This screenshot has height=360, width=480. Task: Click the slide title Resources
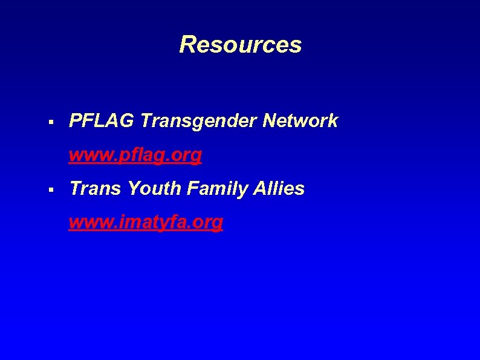tap(240, 45)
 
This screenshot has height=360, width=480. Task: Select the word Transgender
tap(199, 121)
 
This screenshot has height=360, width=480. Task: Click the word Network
tap(300, 121)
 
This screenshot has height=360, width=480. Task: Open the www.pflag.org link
tap(135, 155)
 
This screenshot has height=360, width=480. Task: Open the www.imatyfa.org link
tap(146, 223)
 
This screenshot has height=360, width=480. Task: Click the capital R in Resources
tap(187, 45)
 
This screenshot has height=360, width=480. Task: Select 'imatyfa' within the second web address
tap(148, 223)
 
